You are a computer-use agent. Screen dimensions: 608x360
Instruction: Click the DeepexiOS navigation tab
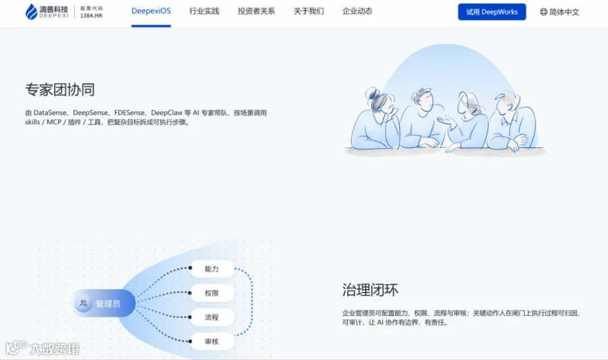pyautogui.click(x=151, y=11)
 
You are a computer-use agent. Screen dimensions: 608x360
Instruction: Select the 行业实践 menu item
pyautogui.click(x=204, y=11)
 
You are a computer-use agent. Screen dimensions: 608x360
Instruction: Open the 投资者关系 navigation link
pyautogui.click(x=256, y=11)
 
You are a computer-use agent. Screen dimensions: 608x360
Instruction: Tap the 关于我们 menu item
pyautogui.click(x=309, y=11)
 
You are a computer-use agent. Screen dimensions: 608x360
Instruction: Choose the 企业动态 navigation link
pyautogui.click(x=357, y=11)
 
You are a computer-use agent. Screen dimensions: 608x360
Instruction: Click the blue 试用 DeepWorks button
pyautogui.click(x=492, y=12)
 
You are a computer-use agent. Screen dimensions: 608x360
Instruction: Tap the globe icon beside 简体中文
pyautogui.click(x=544, y=12)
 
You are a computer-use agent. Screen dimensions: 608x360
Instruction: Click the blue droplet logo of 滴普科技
pyautogui.click(x=31, y=11)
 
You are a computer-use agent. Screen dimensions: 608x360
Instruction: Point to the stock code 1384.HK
pyautogui.click(x=91, y=16)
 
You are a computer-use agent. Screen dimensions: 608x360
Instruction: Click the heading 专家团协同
pyautogui.click(x=60, y=90)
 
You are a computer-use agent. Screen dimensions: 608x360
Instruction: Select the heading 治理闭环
pyautogui.click(x=370, y=290)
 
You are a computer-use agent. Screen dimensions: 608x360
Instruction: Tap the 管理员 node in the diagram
pyautogui.click(x=105, y=303)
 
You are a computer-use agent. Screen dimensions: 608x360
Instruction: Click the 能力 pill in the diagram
pyautogui.click(x=211, y=269)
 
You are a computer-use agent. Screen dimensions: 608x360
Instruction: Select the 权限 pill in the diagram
pyautogui.click(x=211, y=293)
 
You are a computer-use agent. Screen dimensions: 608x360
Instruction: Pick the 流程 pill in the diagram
pyautogui.click(x=211, y=317)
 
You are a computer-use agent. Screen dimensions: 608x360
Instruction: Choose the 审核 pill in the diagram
pyautogui.click(x=211, y=341)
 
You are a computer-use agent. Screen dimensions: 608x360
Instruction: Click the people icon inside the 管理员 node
pyautogui.click(x=83, y=303)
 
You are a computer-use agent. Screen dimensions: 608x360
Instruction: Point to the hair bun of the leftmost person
pyautogui.click(x=371, y=93)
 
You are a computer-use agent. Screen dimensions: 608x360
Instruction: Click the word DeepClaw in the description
pyautogui.click(x=167, y=113)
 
